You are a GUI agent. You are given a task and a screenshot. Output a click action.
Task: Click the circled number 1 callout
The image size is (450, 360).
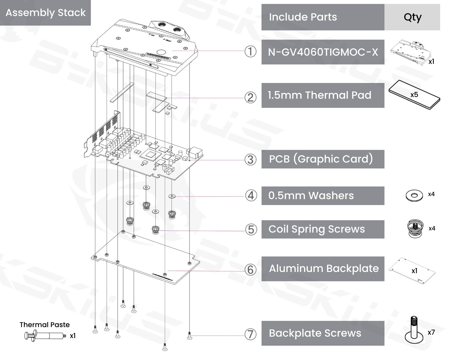250,52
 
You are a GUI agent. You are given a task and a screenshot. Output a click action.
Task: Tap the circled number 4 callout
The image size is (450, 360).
251,195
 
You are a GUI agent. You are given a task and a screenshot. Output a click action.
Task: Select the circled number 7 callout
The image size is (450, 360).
250,334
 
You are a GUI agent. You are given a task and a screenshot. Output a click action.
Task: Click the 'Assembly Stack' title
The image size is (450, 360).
46,13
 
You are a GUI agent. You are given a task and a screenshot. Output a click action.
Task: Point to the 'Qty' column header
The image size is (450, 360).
412,17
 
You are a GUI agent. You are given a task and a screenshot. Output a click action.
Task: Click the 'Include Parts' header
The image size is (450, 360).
303,17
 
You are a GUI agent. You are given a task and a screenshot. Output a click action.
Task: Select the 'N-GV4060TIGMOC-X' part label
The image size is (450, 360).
323,52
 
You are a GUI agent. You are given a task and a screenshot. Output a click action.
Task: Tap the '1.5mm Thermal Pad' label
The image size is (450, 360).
319,95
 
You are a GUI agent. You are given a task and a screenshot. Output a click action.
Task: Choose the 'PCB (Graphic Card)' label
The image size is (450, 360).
321,159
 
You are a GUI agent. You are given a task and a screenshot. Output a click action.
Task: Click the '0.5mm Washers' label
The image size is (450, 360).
311,195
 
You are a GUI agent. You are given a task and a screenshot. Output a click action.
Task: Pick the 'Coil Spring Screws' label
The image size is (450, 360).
317,229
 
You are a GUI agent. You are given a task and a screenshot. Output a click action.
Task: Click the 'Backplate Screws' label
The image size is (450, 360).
315,333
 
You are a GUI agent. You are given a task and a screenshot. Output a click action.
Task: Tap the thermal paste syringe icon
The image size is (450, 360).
45,336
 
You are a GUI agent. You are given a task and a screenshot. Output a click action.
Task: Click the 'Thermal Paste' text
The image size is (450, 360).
44,325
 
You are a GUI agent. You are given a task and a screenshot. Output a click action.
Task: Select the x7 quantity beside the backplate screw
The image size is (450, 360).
431,332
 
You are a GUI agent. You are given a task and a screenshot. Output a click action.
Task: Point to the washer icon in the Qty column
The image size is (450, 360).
414,195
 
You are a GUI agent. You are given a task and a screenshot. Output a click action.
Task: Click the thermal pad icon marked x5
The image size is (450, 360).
414,95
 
